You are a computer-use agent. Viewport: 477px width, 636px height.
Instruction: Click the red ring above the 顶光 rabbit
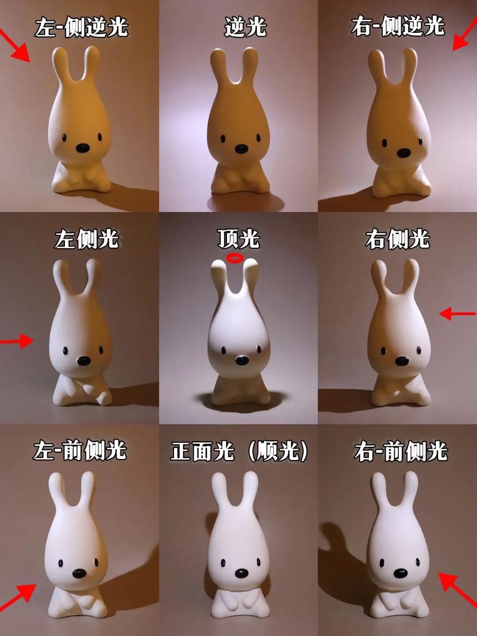tap(236, 258)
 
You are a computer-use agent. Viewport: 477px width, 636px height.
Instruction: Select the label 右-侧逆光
tap(398, 27)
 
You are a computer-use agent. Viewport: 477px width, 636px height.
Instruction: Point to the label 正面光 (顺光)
tap(239, 451)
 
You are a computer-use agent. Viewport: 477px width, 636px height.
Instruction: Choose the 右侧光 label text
tap(397, 239)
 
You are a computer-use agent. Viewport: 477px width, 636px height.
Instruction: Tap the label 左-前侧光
tap(80, 451)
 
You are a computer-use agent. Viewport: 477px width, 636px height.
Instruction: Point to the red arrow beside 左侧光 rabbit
tap(17, 341)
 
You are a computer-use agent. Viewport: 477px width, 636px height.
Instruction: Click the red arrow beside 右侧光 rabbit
tap(457, 313)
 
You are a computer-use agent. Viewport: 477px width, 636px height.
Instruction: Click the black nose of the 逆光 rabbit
tap(241, 149)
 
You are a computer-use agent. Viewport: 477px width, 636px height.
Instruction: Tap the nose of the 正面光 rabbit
tap(241, 573)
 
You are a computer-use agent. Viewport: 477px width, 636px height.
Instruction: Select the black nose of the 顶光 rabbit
tap(241, 360)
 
